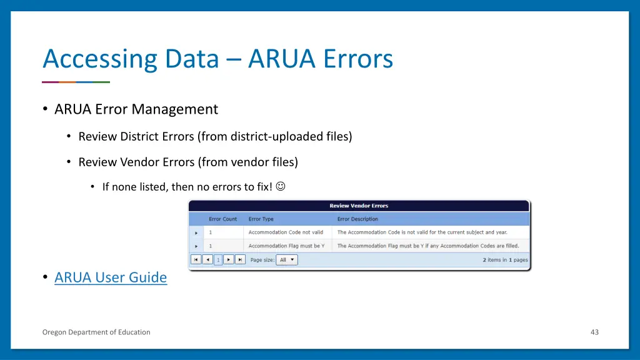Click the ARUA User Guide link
point(111,277)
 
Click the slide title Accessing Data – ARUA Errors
point(217,59)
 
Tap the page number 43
point(594,332)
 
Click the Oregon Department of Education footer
point(96,332)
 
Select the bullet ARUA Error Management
point(136,109)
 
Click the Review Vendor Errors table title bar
point(359,206)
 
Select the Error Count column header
point(223,219)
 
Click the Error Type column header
point(261,219)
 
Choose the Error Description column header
point(357,219)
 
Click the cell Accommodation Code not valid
point(286,232)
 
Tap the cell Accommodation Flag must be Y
point(286,246)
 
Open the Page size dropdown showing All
point(287,260)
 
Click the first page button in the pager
point(196,260)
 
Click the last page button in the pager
point(240,260)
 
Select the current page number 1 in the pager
point(218,260)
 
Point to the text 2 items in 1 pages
point(505,260)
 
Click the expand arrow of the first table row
point(197,232)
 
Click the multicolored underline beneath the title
point(76,82)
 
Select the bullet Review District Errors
point(215,136)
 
